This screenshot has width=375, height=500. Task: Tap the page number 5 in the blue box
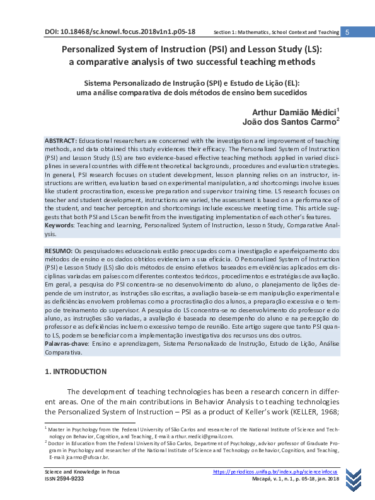pyautogui.click(x=348, y=32)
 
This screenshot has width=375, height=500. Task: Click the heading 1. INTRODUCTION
pyautogui.click(x=80, y=372)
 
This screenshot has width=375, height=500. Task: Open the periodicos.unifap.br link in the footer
pyautogui.click(x=275, y=472)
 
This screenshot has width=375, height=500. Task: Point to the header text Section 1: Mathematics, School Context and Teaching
pyautogui.click(x=276, y=32)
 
